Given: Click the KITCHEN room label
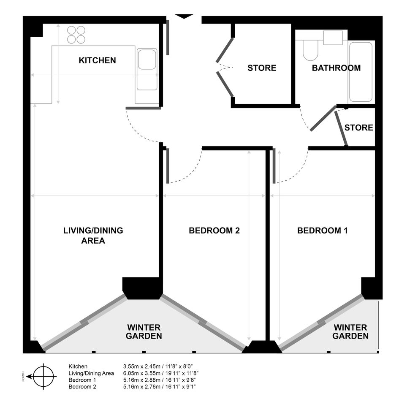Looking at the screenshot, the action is coord(97,60).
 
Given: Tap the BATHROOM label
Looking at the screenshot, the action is coord(336,68).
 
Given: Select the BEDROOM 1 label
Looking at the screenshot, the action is coord(323,231).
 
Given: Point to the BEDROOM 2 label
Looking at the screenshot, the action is coord(214,231).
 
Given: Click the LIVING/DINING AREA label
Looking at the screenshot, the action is coord(93,235).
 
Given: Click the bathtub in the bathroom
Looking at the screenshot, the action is coord(361,72).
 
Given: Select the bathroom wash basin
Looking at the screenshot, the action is coord(333,38).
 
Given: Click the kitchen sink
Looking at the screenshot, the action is coord(147,69).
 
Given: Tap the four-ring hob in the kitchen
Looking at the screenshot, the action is coord(76,35).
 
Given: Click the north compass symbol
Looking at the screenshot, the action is coord(43,376).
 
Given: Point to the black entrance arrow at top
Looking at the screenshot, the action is coord(184,16).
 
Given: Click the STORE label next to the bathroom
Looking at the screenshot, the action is coord(262,68).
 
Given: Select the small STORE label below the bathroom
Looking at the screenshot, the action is coord(358,128).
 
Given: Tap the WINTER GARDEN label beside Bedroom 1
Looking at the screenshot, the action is coord(350,331).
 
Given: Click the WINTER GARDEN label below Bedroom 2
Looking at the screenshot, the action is coord(144,331).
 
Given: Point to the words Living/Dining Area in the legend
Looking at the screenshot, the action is coord(91,373).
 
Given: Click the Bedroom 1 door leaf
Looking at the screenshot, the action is coord(274,166).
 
